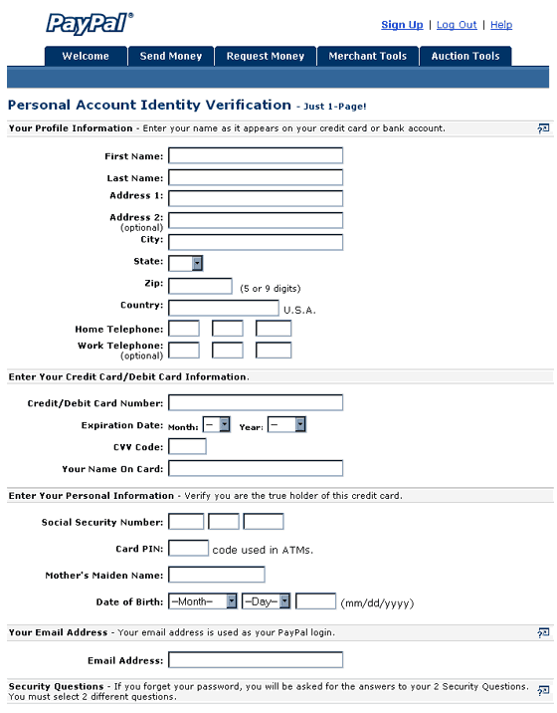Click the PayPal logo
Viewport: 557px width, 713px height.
tap(90, 23)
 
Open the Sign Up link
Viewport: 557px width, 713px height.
tap(402, 25)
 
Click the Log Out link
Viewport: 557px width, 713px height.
tap(457, 25)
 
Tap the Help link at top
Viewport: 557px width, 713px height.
tap(501, 25)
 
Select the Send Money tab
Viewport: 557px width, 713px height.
tap(171, 57)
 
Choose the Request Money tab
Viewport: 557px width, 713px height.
tap(266, 57)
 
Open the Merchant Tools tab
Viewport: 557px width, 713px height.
tap(368, 57)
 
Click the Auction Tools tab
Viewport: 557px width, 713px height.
tap(465, 57)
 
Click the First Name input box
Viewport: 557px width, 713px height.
tap(256, 155)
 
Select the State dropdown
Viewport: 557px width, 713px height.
tap(186, 263)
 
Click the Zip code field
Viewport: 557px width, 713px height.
tap(200, 286)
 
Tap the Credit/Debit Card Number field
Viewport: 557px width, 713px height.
tap(256, 403)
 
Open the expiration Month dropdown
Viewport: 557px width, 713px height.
tap(216, 425)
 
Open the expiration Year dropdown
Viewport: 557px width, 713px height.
tap(286, 425)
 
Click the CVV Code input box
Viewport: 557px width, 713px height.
tap(187, 446)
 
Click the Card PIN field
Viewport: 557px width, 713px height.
tap(188, 549)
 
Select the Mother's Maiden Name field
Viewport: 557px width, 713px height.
tap(217, 575)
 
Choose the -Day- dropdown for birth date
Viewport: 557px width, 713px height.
tap(266, 601)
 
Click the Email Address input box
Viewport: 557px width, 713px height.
tap(256, 660)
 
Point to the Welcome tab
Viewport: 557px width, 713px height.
tap(86, 57)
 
